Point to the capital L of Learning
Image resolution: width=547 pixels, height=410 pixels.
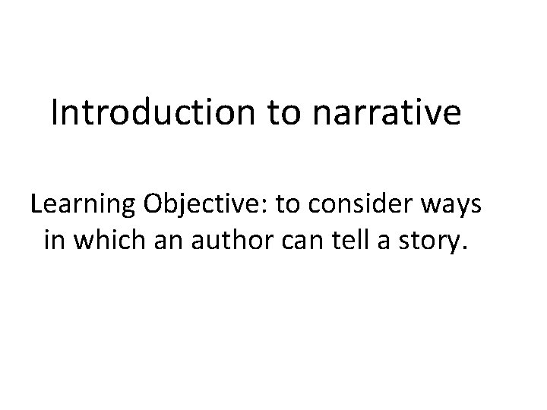point(36,205)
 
